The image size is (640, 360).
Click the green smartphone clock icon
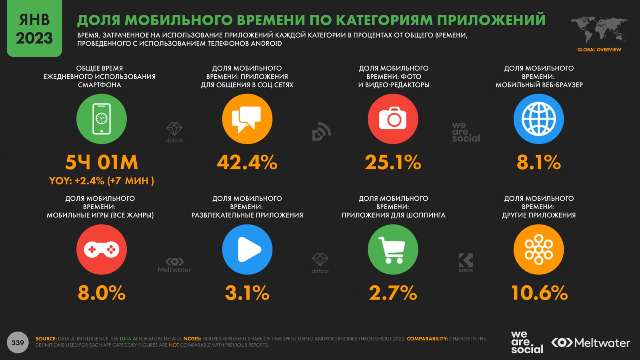tap(102, 119)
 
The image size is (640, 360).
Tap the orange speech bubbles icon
tap(247, 119)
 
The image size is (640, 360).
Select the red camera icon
tap(393, 119)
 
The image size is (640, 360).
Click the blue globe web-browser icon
tap(538, 119)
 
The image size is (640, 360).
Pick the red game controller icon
tap(102, 250)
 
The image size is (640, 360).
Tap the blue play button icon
tap(247, 250)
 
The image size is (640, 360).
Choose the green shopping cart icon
tap(393, 250)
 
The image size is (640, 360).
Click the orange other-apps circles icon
tap(538, 250)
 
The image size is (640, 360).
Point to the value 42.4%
tap(247, 162)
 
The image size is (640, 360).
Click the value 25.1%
tap(393, 162)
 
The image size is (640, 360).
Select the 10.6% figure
tap(539, 293)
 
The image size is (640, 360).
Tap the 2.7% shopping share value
tap(393, 293)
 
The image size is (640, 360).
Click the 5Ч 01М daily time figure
tap(102, 162)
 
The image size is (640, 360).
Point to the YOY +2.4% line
tap(102, 181)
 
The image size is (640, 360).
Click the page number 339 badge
tap(18, 343)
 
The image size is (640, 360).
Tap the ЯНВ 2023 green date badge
tap(34, 29)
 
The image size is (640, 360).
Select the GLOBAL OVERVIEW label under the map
tap(599, 50)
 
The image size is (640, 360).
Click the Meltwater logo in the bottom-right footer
tap(590, 343)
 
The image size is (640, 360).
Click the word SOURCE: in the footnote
tap(46, 339)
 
